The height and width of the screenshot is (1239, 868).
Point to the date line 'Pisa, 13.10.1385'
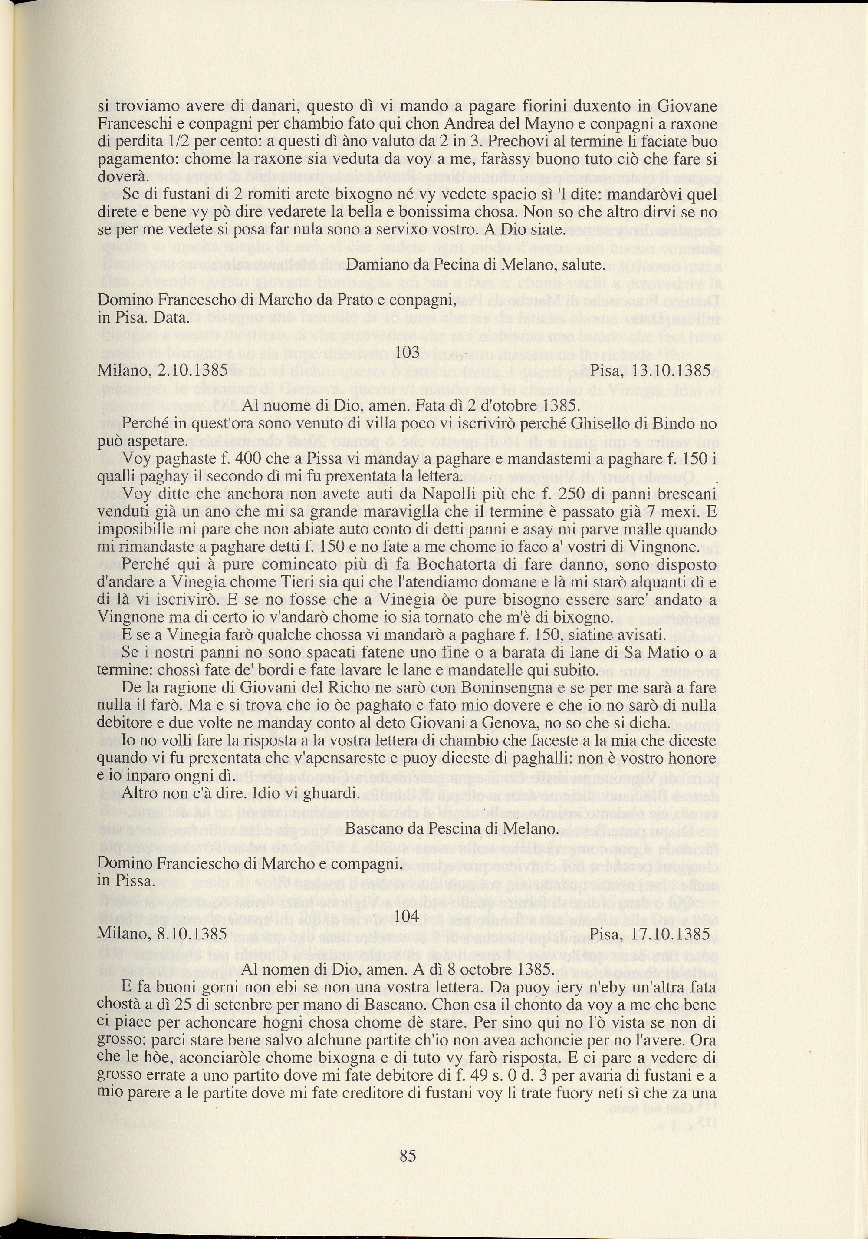pyautogui.click(x=650, y=371)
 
